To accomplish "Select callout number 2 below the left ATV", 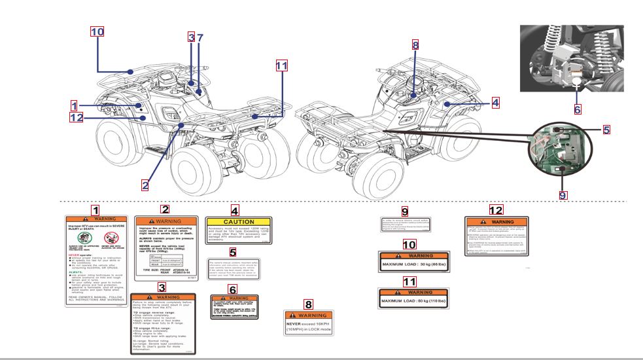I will coord(145,185).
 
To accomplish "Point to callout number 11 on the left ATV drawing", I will coord(281,65).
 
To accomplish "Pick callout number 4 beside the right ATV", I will coord(495,103).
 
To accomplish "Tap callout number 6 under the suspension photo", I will coord(578,109).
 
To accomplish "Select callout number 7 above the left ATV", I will coord(201,37).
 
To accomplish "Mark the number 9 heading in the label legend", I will coord(404,211).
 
